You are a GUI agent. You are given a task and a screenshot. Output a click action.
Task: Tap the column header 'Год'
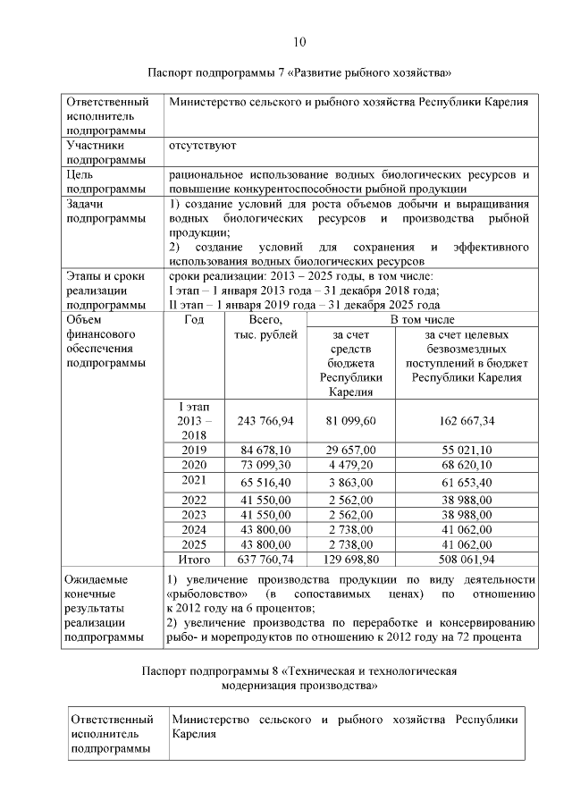click(193, 319)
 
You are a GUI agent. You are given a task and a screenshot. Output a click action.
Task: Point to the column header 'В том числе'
click(423, 319)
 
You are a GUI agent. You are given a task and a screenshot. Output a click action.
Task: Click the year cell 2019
click(193, 450)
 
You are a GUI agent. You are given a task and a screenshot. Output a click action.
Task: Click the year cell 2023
click(193, 515)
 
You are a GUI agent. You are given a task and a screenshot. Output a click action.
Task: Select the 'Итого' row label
click(193, 560)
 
